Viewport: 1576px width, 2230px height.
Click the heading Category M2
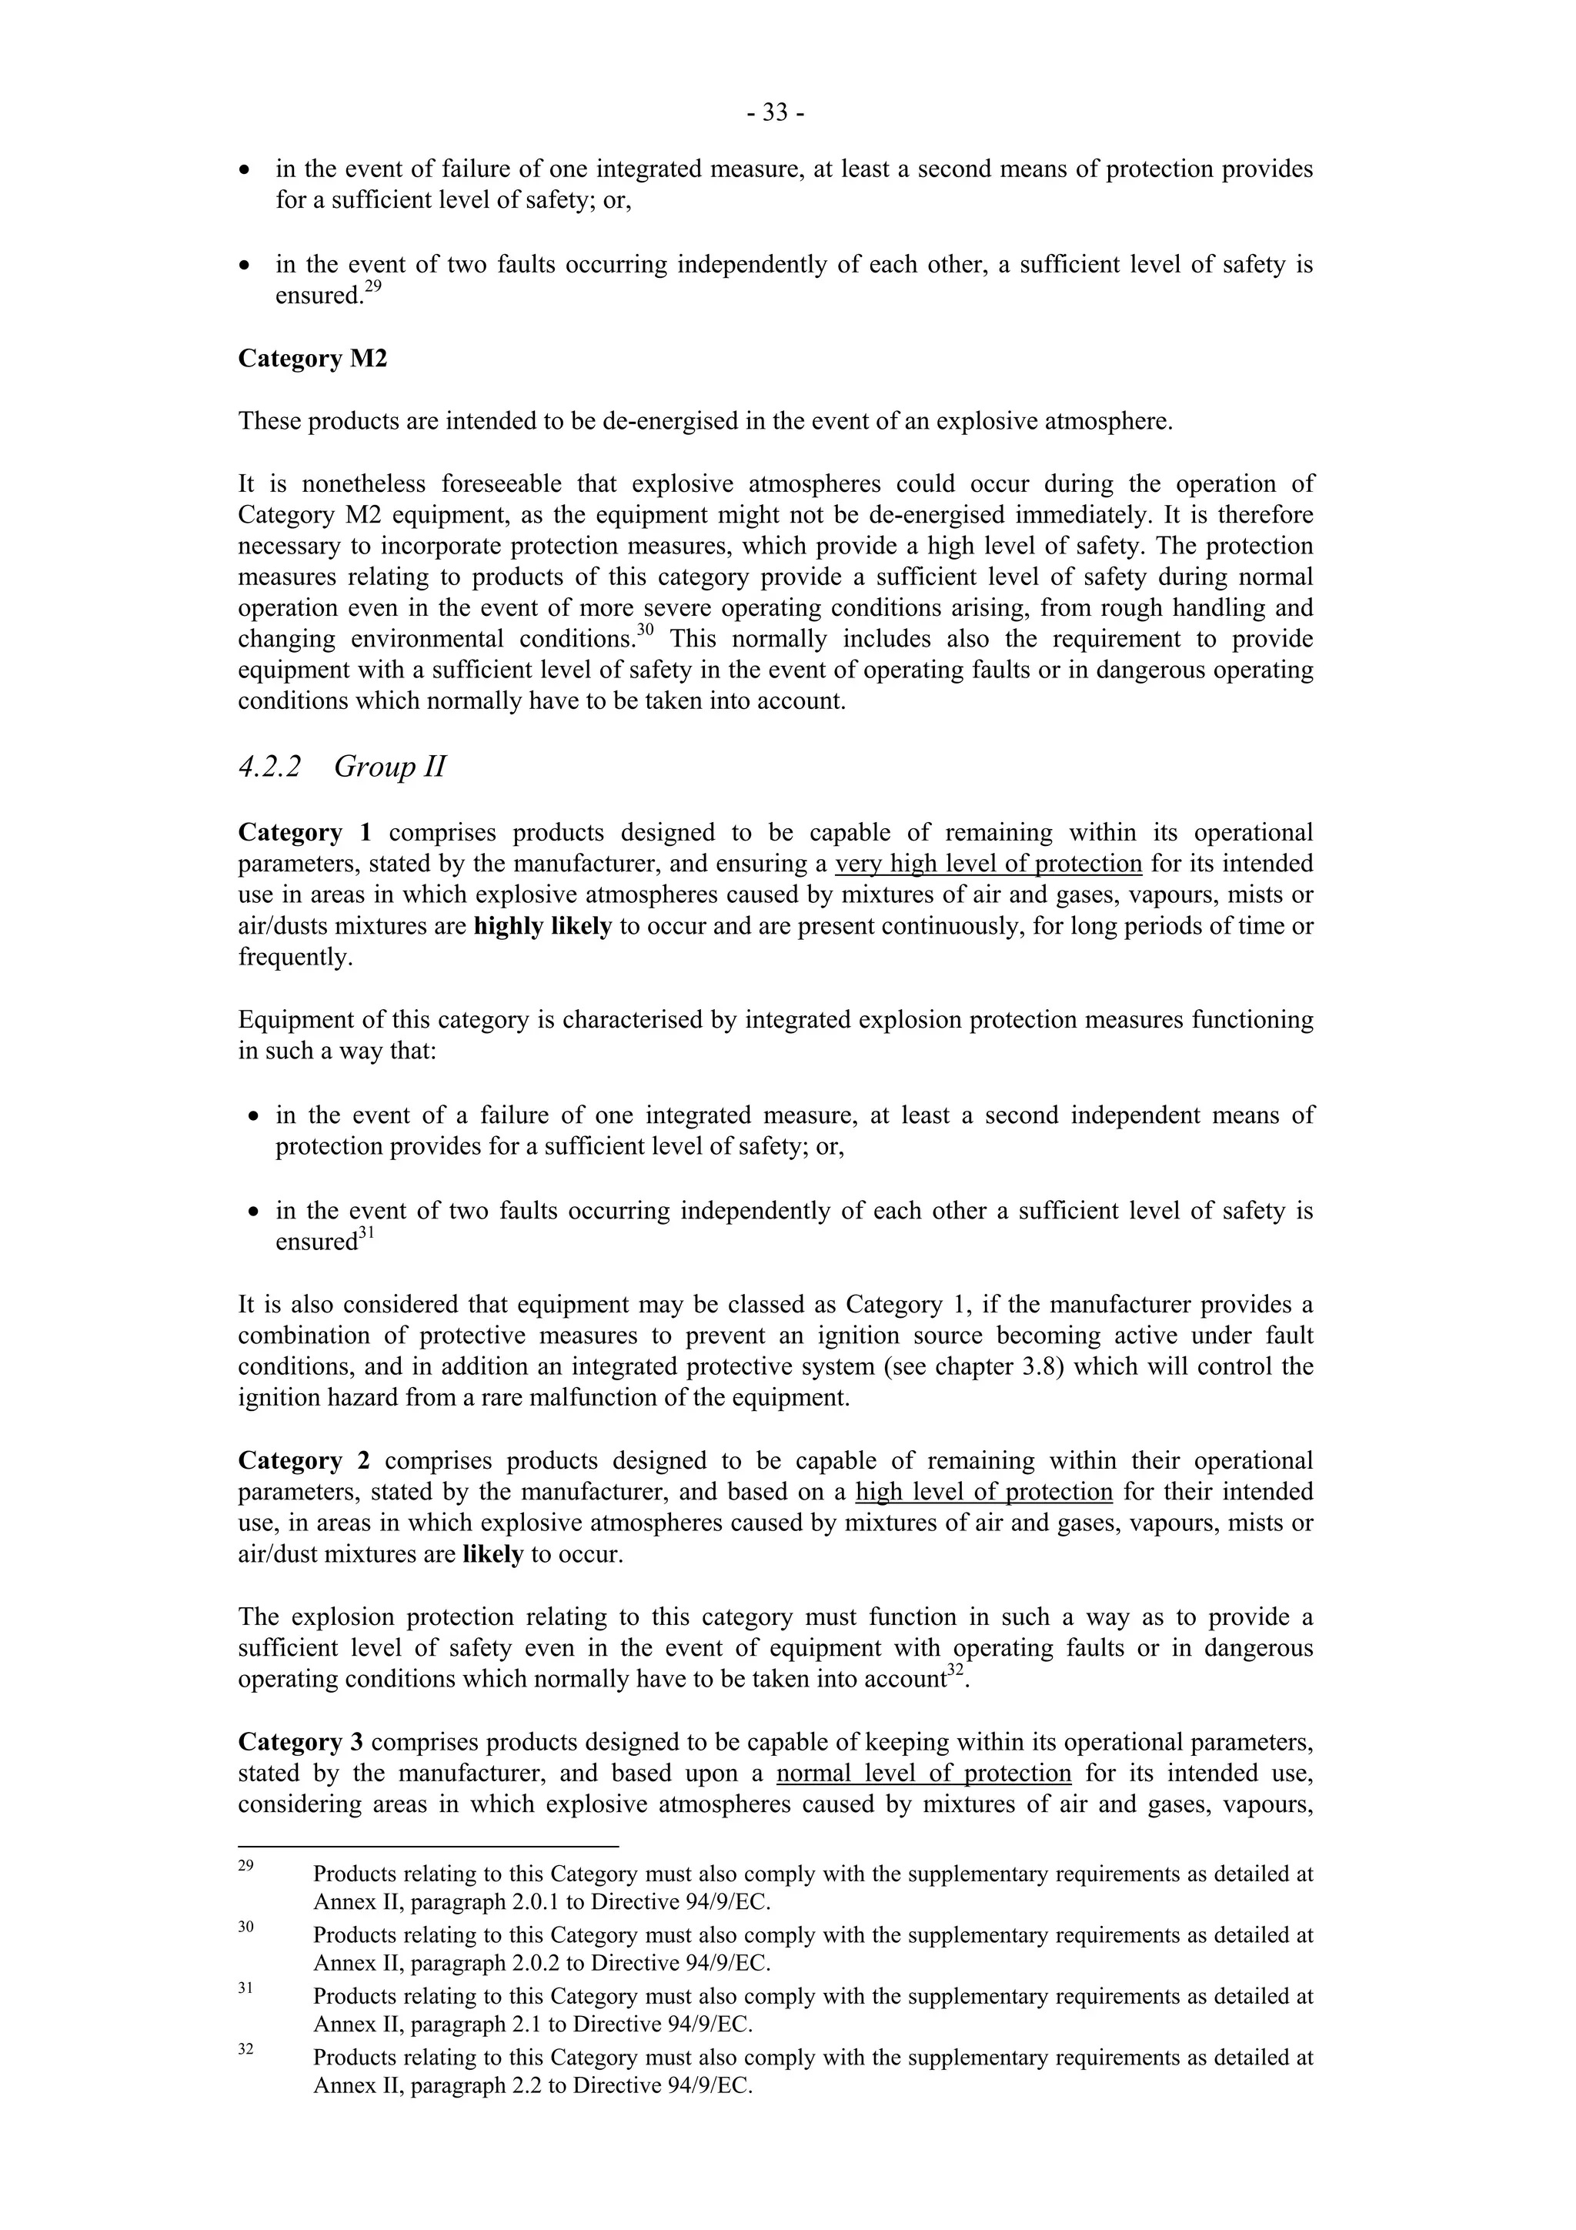[x=312, y=359]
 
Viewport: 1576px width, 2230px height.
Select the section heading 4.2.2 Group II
[x=342, y=767]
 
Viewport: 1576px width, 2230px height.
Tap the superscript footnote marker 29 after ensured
[x=373, y=286]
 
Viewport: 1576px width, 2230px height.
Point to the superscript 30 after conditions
[x=645, y=630]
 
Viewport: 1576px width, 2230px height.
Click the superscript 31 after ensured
[x=366, y=1232]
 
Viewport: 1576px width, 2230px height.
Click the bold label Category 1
[x=304, y=832]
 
